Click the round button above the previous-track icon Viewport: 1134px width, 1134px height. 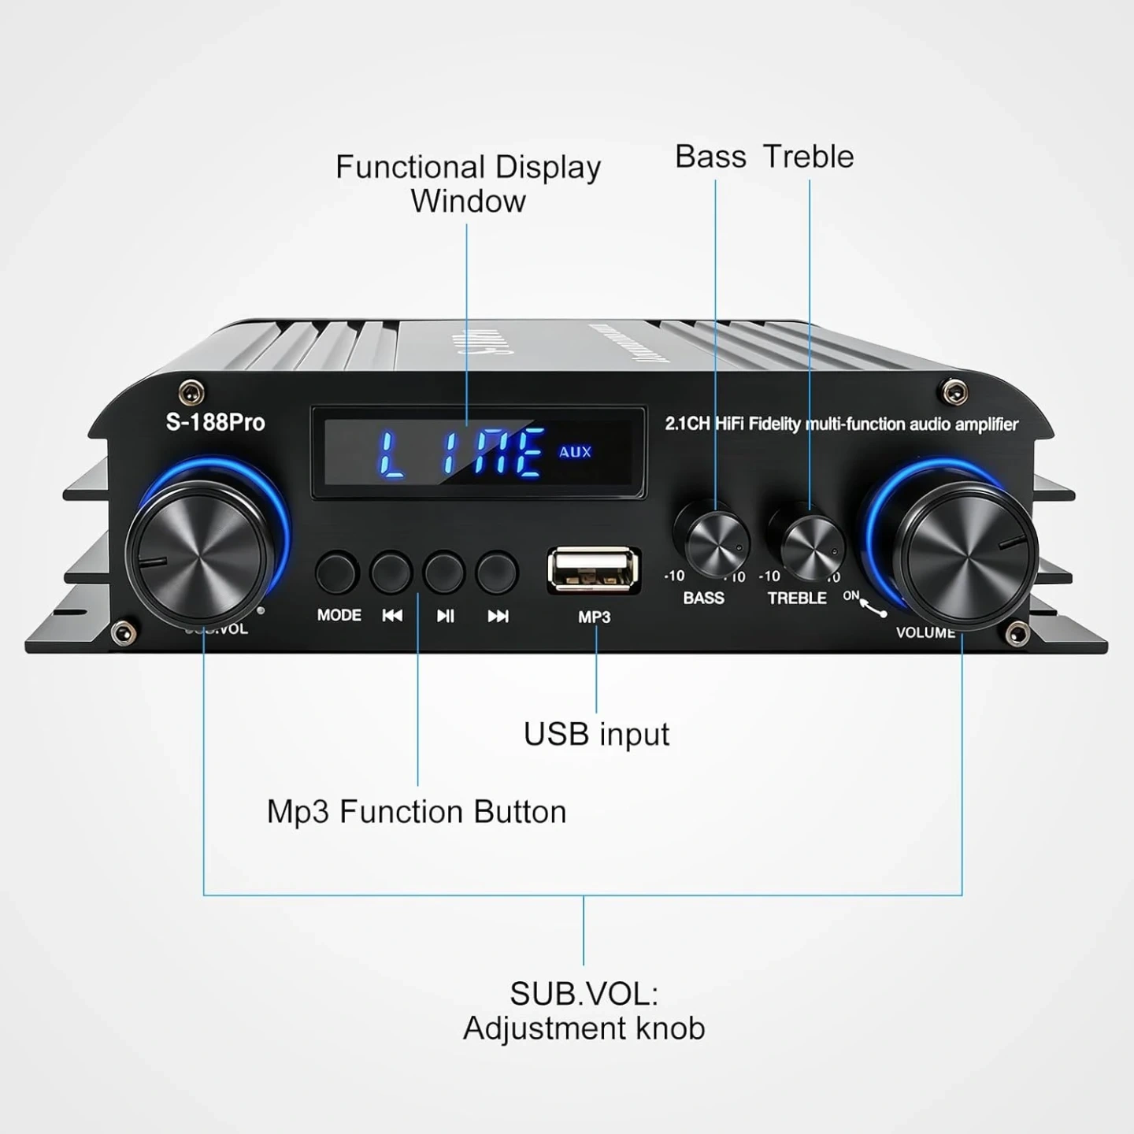pyautogui.click(x=391, y=572)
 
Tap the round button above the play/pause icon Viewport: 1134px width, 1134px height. pyautogui.click(x=444, y=572)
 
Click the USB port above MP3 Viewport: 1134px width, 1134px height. pyautogui.click(x=594, y=570)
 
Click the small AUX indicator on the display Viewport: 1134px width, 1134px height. pyautogui.click(x=575, y=452)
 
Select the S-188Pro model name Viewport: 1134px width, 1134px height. pyautogui.click(x=215, y=422)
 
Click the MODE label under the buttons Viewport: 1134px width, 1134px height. pyautogui.click(x=339, y=615)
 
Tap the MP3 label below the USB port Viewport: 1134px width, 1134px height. pyautogui.click(x=594, y=617)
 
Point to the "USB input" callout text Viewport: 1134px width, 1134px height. pyautogui.click(x=596, y=734)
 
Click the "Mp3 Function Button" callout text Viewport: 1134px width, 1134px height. pyautogui.click(x=417, y=812)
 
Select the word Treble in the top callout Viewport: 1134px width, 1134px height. pyautogui.click(x=809, y=157)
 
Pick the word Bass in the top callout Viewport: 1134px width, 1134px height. pyautogui.click(x=710, y=157)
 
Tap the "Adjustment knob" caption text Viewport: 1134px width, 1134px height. pyautogui.click(x=584, y=1028)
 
